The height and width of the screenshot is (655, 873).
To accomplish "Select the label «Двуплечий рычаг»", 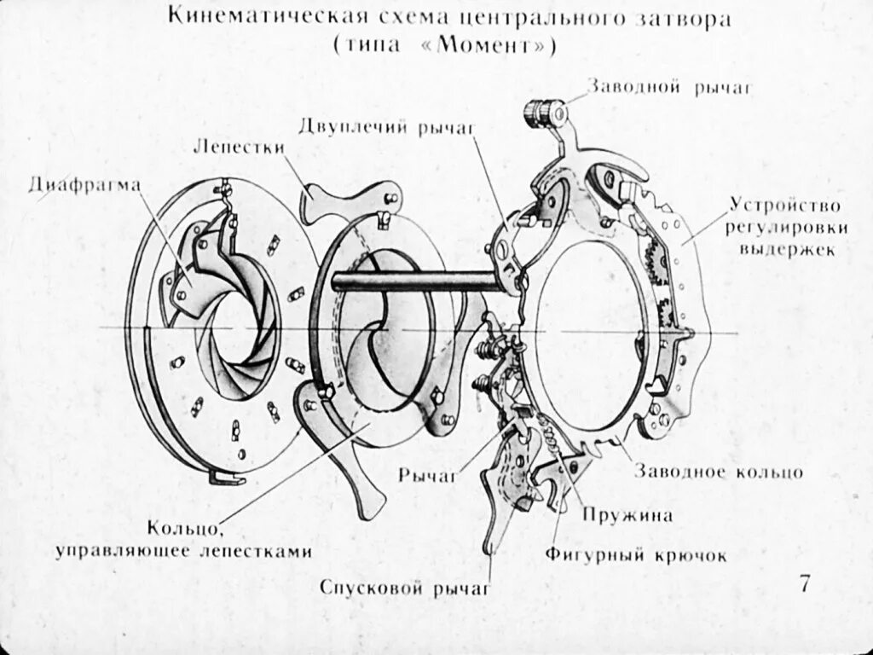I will click(385, 128).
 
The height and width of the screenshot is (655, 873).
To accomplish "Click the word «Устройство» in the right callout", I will click(785, 206).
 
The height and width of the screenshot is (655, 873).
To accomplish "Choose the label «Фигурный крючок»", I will click(637, 556).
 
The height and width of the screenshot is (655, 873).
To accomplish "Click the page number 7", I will click(805, 585).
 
